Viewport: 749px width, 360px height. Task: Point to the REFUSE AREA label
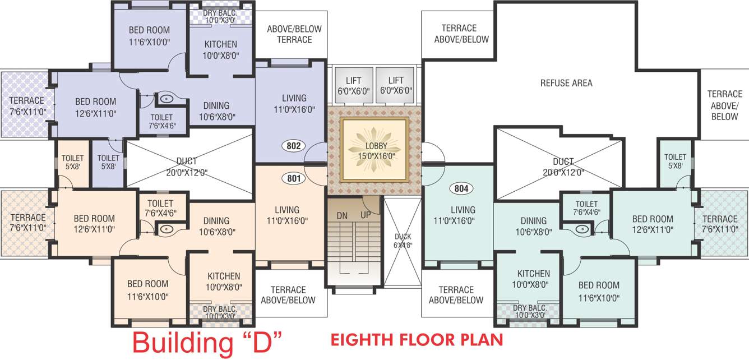pos(566,83)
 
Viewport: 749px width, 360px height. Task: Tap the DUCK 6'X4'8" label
pos(403,240)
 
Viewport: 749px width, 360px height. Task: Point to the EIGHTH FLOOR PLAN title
pos(417,340)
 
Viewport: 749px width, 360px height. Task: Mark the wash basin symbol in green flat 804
pos(581,229)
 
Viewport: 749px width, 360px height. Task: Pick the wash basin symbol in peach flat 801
pos(165,229)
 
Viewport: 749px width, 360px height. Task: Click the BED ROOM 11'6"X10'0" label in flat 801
pos(148,290)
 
